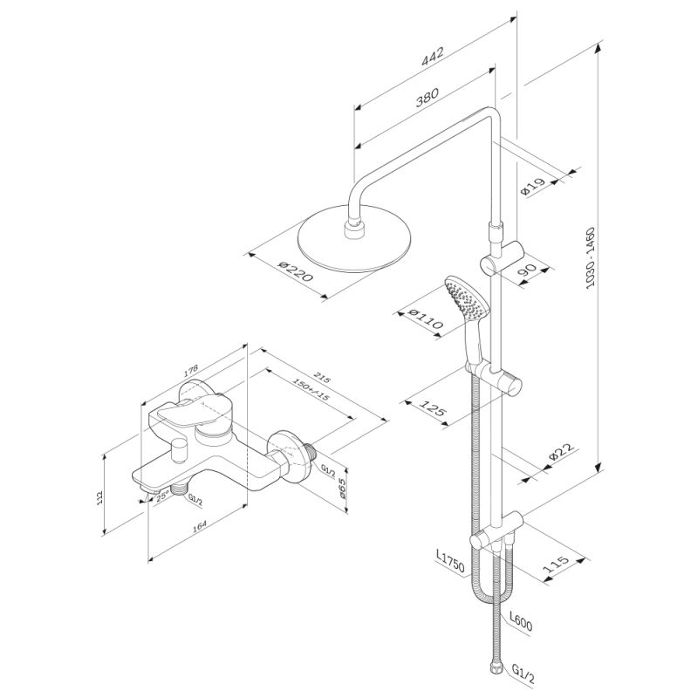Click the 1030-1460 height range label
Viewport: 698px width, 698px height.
(x=591, y=258)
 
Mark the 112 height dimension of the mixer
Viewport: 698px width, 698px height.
(x=101, y=497)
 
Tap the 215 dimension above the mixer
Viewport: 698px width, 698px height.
(x=322, y=378)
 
